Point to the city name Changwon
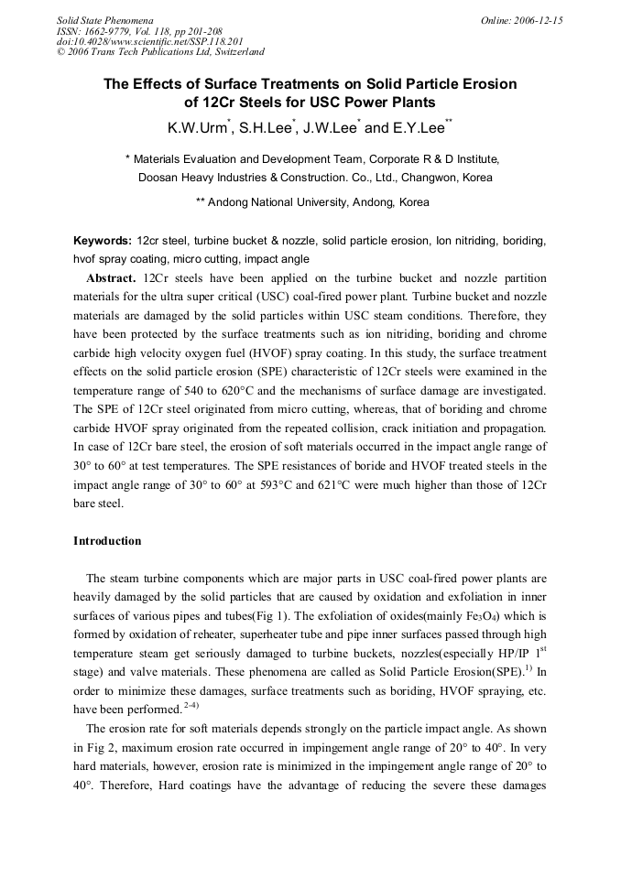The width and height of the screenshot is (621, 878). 431,178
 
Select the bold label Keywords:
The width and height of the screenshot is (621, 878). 103,241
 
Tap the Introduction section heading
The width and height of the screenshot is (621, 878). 107,541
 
